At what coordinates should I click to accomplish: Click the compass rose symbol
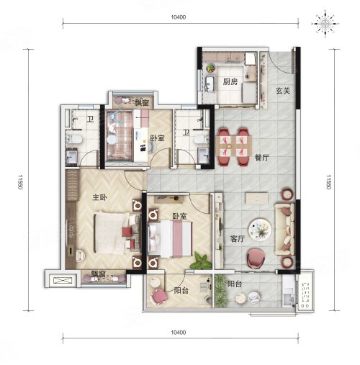(325, 24)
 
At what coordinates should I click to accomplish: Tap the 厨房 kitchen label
(230, 82)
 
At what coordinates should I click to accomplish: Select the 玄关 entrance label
(283, 91)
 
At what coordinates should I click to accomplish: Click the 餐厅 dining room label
(262, 158)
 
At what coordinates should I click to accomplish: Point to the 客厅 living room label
(238, 239)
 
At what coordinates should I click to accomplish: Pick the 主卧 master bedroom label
(100, 197)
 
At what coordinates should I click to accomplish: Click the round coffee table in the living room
(260, 229)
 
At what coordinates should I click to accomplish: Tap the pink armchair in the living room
(256, 259)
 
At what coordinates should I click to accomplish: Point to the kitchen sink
(210, 84)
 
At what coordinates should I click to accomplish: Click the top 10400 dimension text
(179, 17)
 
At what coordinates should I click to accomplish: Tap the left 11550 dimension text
(20, 181)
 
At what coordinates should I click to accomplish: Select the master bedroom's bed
(117, 233)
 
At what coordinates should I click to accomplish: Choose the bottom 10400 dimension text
(179, 333)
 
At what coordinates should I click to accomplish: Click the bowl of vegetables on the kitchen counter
(211, 68)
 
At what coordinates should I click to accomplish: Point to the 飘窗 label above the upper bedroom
(142, 103)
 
